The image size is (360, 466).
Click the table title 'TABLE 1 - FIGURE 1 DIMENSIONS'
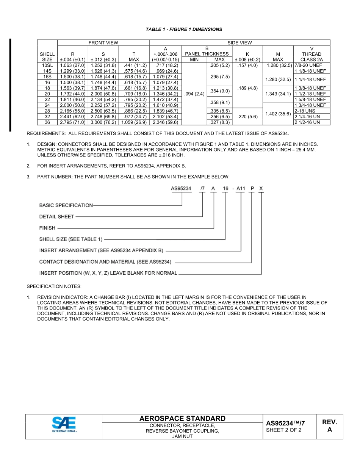pos(184,29)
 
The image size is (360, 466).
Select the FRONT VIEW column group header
pos(103,43)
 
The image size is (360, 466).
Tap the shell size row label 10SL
pos(47,65)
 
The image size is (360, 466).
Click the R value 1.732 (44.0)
pos(72,94)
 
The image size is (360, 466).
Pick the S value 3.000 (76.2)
pos(103,122)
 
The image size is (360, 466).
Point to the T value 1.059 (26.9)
pos(134,122)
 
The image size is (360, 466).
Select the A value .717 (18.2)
pos(165,65)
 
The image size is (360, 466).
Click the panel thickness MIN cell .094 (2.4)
pos(194,94)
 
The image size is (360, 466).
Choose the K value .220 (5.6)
pos(247,117)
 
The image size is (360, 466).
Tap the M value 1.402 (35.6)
pos(278,114)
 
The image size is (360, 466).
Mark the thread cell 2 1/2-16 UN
pos(307,122)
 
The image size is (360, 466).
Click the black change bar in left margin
pos(10,85)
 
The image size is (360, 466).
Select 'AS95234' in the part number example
pos(181,188)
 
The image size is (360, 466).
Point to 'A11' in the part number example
pos(241,188)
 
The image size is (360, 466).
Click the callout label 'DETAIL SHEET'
pos(57,217)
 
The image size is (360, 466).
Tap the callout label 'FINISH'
pos(47,228)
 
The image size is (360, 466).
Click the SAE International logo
pos(64,425)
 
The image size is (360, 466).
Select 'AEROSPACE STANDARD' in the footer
pos(182,418)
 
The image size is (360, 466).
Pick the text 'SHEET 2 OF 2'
pos(284,430)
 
